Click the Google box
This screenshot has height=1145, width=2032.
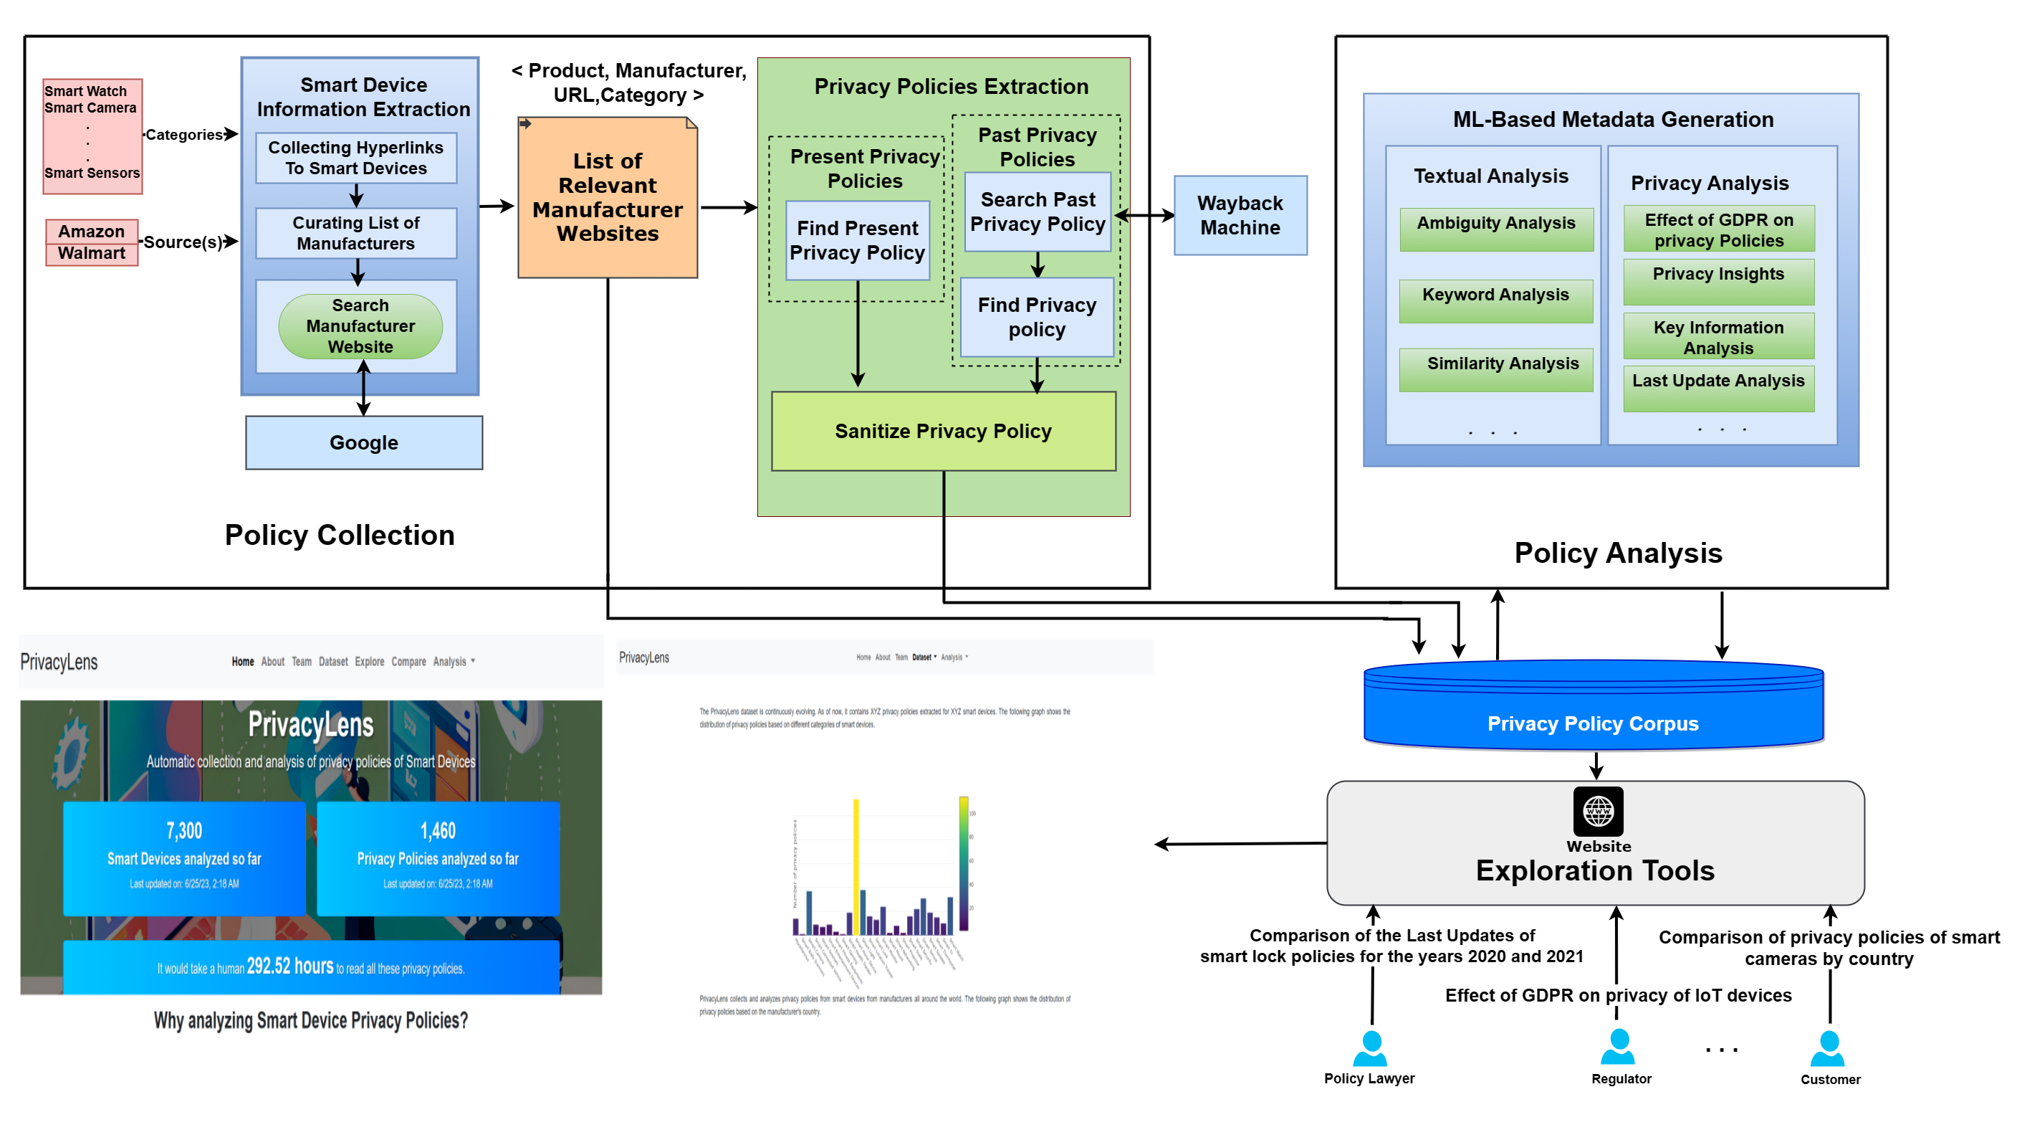coord(364,442)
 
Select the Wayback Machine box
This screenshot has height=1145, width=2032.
coord(1240,215)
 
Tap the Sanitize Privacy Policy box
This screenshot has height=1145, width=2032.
coord(943,432)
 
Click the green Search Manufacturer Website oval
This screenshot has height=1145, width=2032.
coord(360,326)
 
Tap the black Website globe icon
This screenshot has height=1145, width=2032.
coord(1597,811)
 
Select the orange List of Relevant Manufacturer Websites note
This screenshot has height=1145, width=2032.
coord(608,198)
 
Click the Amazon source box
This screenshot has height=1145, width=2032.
coord(92,231)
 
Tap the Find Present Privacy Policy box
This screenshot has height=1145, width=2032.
coord(858,240)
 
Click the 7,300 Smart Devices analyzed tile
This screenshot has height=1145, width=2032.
coord(184,857)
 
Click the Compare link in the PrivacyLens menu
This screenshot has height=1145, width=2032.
coord(408,661)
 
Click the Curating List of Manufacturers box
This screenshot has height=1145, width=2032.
coord(356,233)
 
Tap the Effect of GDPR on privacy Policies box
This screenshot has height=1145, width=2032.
coord(1718,229)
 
